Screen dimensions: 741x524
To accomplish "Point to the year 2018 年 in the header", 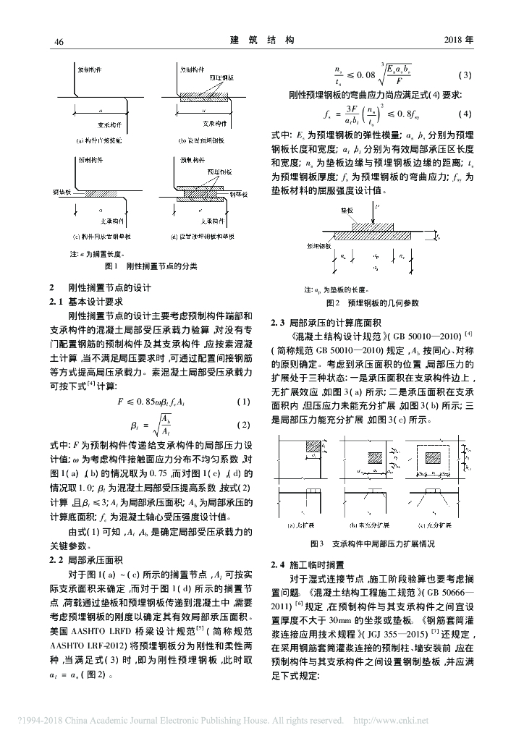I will pos(458,40).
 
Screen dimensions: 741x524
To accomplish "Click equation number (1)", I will pos(244,402).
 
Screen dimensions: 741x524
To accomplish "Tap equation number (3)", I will pos(465,75).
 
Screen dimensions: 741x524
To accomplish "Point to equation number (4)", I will pos(465,114).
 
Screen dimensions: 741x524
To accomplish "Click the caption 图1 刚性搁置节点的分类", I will pos(151,266).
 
